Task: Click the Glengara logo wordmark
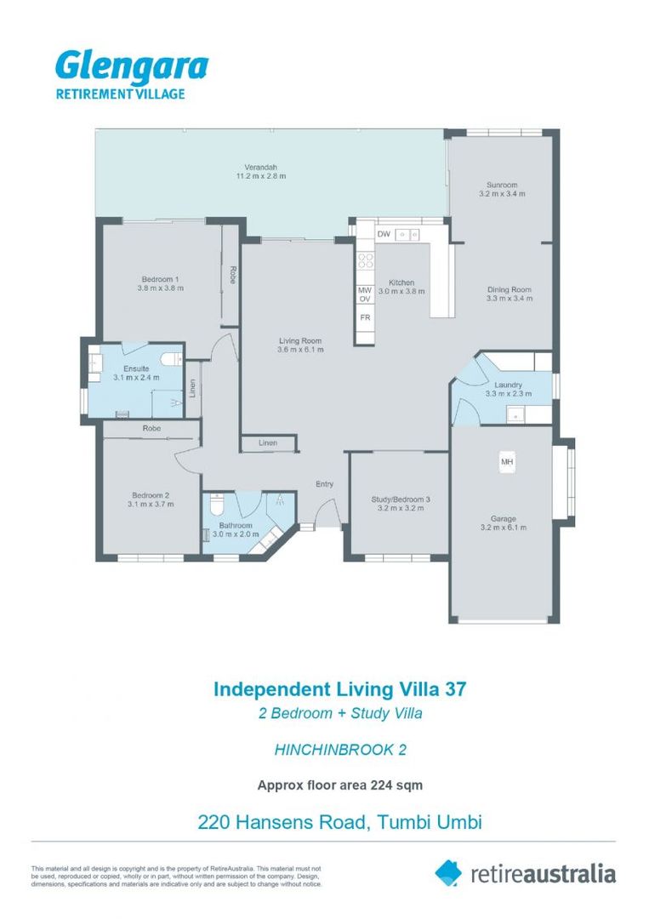click(132, 67)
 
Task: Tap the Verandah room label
click(260, 167)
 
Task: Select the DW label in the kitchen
click(384, 235)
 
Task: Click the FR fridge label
click(365, 317)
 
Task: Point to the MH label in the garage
click(507, 462)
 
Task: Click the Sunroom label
click(502, 185)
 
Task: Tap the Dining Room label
click(509, 289)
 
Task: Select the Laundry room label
click(508, 385)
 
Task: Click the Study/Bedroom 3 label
click(401, 499)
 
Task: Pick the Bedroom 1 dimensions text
click(161, 288)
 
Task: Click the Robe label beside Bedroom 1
click(232, 276)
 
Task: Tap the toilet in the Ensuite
click(172, 359)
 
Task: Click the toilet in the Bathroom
click(217, 502)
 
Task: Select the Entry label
click(325, 484)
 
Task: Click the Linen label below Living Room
click(268, 442)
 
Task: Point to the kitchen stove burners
click(366, 260)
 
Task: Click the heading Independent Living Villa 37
click(339, 689)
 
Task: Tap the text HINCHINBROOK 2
click(340, 750)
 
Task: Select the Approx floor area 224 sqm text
click(339, 785)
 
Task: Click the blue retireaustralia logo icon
click(448, 873)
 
